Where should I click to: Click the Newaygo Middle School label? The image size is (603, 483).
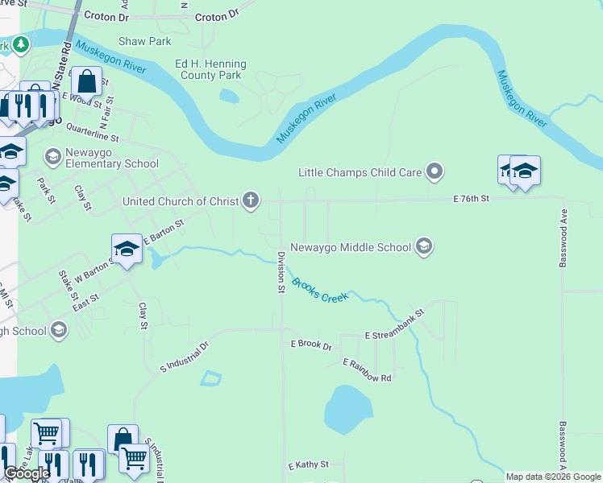(351, 247)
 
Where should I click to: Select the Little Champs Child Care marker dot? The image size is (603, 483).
(435, 171)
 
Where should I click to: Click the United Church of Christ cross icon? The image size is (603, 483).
(251, 200)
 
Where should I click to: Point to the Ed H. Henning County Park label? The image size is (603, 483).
(210, 69)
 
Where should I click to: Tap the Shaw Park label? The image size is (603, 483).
(145, 41)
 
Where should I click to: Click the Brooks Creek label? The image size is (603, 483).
(320, 291)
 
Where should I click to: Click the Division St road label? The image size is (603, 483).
(281, 271)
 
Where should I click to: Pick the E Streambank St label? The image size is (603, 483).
(394, 324)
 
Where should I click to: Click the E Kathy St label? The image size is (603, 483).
(308, 465)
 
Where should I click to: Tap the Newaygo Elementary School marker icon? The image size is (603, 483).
(54, 156)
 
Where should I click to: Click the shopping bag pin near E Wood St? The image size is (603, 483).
(86, 82)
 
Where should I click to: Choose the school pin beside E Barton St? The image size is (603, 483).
(127, 250)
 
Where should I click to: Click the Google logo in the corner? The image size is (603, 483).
(27, 473)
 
